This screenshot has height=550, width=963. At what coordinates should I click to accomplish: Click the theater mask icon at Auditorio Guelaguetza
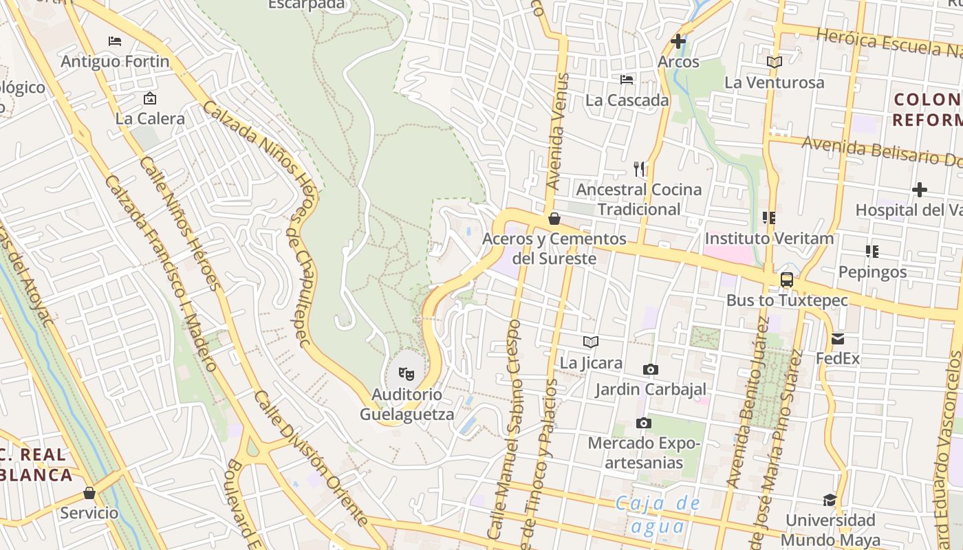pyautogui.click(x=407, y=374)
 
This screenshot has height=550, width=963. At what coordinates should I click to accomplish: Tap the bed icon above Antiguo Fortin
pyautogui.click(x=115, y=41)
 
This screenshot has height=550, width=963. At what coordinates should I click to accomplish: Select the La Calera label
pyautogui.click(x=150, y=118)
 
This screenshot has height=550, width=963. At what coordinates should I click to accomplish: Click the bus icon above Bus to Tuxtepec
pyautogui.click(x=787, y=280)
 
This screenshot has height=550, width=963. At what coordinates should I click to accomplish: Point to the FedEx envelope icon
pyautogui.click(x=838, y=338)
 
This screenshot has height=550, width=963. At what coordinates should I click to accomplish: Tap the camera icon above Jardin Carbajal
pyautogui.click(x=650, y=369)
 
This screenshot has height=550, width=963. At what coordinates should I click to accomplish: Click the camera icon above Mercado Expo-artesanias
pyautogui.click(x=643, y=423)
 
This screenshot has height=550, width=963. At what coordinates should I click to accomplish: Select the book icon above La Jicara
pyautogui.click(x=591, y=342)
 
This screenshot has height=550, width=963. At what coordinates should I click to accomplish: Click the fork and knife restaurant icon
pyautogui.click(x=639, y=168)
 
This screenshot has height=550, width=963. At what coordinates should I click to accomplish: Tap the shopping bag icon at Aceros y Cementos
pyautogui.click(x=554, y=219)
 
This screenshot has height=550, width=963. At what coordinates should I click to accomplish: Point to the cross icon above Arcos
pyautogui.click(x=678, y=41)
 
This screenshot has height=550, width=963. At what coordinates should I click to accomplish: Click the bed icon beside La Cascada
pyautogui.click(x=627, y=80)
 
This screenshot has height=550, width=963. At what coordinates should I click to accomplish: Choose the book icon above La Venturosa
pyautogui.click(x=775, y=62)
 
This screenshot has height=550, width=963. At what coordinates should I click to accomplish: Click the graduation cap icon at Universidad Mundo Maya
pyautogui.click(x=830, y=500)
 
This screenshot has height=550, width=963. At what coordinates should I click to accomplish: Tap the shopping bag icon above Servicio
pyautogui.click(x=89, y=493)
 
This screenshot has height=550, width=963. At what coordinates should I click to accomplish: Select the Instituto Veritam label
pyautogui.click(x=769, y=239)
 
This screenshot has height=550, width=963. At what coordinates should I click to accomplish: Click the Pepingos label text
pyautogui.click(x=872, y=272)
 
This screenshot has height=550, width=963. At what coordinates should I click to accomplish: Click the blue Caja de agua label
pyautogui.click(x=658, y=514)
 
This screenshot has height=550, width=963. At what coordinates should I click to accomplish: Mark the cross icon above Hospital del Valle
pyautogui.click(x=919, y=190)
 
